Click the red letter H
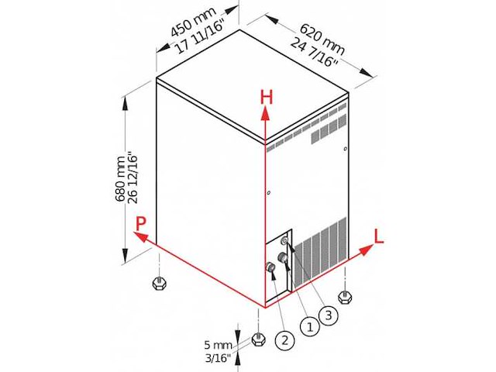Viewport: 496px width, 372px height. pyautogui.click(x=266, y=97)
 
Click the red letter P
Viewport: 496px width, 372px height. pyautogui.click(x=141, y=224)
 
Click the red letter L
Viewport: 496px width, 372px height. pyautogui.click(x=379, y=236)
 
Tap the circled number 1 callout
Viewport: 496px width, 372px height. pyautogui.click(x=310, y=326)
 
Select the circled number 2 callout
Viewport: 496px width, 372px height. pyautogui.click(x=284, y=340)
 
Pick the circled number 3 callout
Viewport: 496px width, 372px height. pyautogui.click(x=329, y=315)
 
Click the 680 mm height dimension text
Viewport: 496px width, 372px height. pyautogui.click(x=120, y=179)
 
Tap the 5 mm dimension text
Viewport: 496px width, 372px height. pyautogui.click(x=219, y=345)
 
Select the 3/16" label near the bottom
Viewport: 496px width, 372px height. pyautogui.click(x=218, y=358)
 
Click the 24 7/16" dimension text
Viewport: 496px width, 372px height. pyautogui.click(x=315, y=53)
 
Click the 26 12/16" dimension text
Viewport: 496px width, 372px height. pyautogui.click(x=133, y=179)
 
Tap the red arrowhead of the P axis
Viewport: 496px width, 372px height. pyautogui.click(x=141, y=236)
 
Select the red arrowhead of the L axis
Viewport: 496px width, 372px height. pyautogui.click(x=366, y=250)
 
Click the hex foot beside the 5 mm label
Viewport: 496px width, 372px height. pyautogui.click(x=258, y=339)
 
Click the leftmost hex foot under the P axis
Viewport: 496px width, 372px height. pyautogui.click(x=159, y=282)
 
